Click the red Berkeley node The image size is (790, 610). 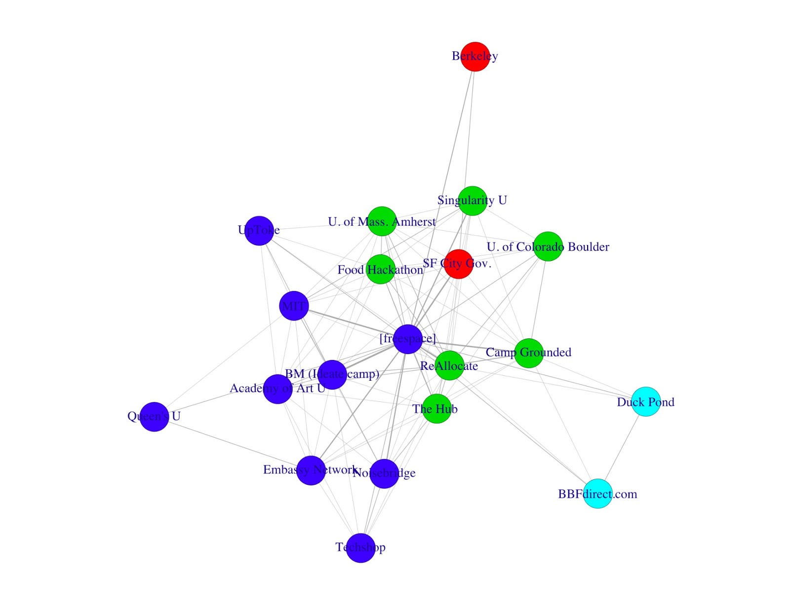tap(475, 57)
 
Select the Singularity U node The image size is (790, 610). tap(473, 201)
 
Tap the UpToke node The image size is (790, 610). tap(259, 230)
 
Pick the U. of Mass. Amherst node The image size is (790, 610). tap(382, 221)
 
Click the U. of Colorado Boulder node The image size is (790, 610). tap(548, 246)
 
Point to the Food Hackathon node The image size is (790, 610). tap(381, 269)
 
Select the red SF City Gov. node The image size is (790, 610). tap(459, 264)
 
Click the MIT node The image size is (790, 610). tap(294, 306)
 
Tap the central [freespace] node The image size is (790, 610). tap(408, 339)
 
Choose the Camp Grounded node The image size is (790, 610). tap(529, 353)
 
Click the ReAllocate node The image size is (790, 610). tap(449, 365)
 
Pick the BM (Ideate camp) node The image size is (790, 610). tap(332, 374)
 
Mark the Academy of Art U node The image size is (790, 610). tap(277, 389)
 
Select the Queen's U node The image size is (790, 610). tap(154, 417)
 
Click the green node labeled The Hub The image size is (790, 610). tap(436, 408)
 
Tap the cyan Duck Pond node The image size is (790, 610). tap(646, 401)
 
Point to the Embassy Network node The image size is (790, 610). tap(311, 470)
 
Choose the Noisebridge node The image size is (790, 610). tap(384, 473)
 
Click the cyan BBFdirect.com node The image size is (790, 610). tap(598, 493)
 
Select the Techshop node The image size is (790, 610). tap(360, 547)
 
